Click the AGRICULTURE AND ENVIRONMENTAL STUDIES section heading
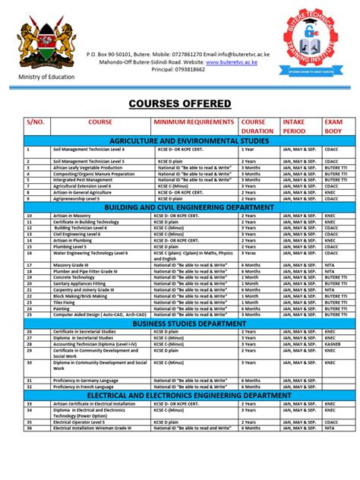click(179, 141)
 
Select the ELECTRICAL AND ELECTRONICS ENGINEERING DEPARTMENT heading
click(179, 396)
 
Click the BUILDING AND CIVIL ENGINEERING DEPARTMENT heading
click(179, 207)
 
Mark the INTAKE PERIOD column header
click(298, 126)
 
